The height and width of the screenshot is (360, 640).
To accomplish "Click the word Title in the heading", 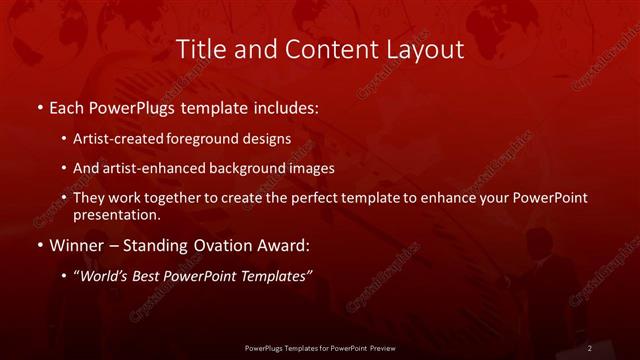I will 200,49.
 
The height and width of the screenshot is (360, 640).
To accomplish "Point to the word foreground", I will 217,139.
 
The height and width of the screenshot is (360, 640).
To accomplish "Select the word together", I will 193,198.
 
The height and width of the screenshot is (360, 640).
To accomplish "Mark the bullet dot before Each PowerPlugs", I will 39,107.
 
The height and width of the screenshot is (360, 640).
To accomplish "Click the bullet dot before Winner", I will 39,244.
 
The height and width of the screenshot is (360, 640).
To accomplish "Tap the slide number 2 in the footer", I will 590,348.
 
